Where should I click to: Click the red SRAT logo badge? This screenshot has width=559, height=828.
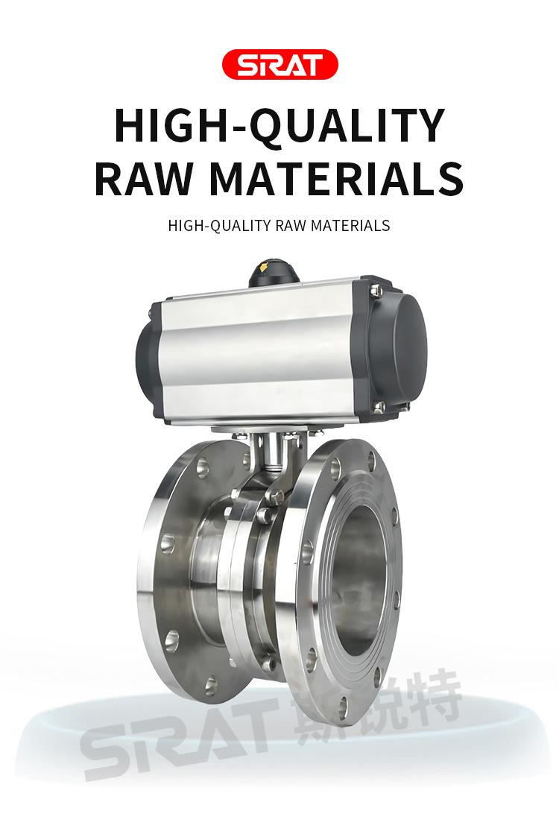tap(279, 64)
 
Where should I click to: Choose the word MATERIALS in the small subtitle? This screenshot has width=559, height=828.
tap(350, 226)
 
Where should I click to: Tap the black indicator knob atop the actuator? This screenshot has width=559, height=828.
tap(274, 273)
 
